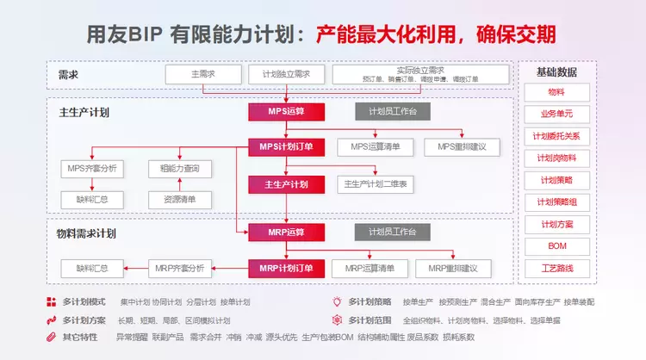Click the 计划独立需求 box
tap(285, 74)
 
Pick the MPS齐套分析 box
tap(92, 167)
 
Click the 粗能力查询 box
tap(179, 167)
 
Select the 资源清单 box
tap(179, 200)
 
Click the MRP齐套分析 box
tap(179, 268)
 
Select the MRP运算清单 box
tap(370, 268)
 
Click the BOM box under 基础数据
tap(557, 246)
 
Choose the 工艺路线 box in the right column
tap(557, 269)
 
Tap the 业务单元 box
tap(557, 114)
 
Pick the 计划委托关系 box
tap(557, 136)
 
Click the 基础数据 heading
tap(557, 71)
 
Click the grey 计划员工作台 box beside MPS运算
tap(393, 111)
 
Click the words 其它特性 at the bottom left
tap(80, 337)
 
